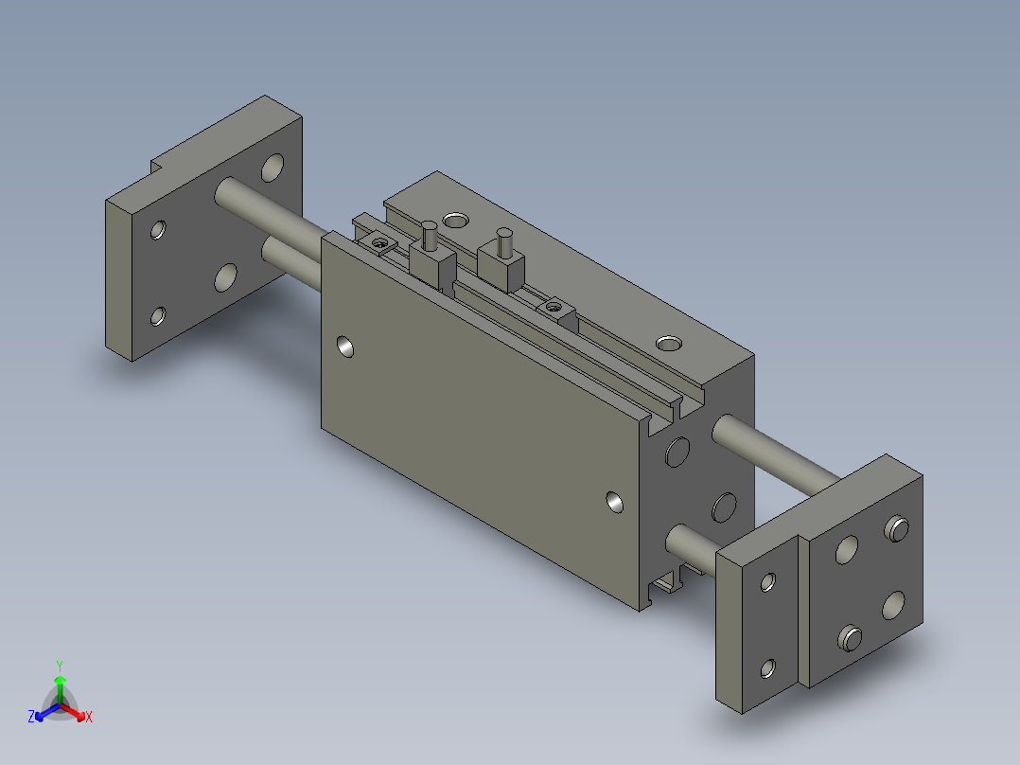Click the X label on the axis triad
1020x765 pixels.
pyautogui.click(x=89, y=718)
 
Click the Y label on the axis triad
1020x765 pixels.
pyautogui.click(x=59, y=666)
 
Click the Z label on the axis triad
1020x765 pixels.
pyautogui.click(x=31, y=717)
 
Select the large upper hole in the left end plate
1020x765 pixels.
pyautogui.click(x=273, y=169)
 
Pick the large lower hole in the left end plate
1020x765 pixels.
pyautogui.click(x=226, y=276)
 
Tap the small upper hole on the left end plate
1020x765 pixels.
pyautogui.click(x=158, y=229)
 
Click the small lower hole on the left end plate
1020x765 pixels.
pyautogui.click(x=157, y=316)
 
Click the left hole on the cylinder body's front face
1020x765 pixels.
pyautogui.click(x=347, y=347)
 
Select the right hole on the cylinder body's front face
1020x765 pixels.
pyautogui.click(x=615, y=502)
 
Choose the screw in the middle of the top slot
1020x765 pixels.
pyautogui.click(x=554, y=307)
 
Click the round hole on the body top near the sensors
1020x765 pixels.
pyautogui.click(x=455, y=221)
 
